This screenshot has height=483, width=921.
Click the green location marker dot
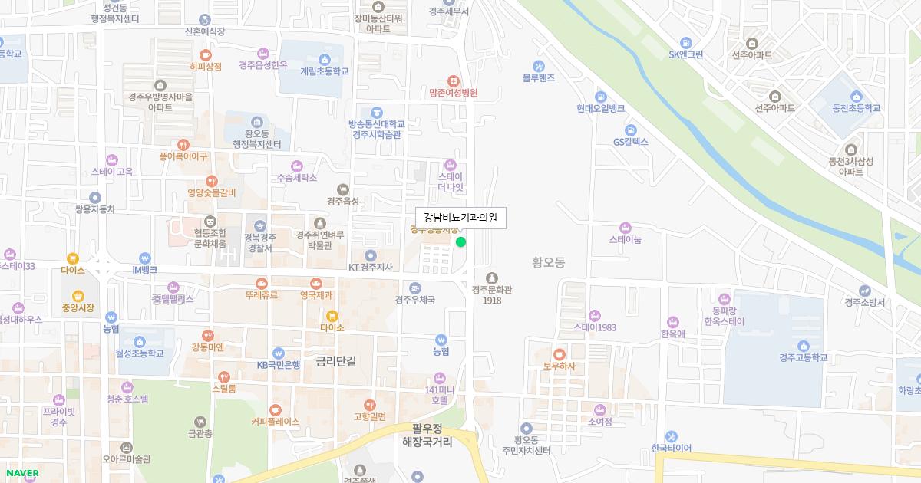click(x=460, y=242)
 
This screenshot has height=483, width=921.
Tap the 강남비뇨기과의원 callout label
click(x=460, y=218)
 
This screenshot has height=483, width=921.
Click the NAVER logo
click(x=22, y=473)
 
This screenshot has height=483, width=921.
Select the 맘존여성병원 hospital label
click(x=454, y=93)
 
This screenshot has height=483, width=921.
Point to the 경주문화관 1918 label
click(x=492, y=294)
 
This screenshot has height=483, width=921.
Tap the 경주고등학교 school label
click(x=804, y=357)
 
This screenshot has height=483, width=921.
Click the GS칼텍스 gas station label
click(x=631, y=142)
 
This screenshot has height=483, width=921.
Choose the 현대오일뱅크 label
click(x=600, y=108)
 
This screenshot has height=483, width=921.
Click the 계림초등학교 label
click(x=324, y=71)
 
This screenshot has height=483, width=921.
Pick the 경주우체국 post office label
click(x=415, y=299)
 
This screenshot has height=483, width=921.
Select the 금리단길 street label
click(x=336, y=360)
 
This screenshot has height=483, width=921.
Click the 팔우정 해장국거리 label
click(x=427, y=435)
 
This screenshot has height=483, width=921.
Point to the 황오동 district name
click(x=548, y=262)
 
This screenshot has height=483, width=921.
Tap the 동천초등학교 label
click(x=850, y=108)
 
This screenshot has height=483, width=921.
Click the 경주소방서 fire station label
click(x=865, y=302)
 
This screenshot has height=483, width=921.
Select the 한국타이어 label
click(x=671, y=448)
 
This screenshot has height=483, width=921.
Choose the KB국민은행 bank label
click(x=278, y=365)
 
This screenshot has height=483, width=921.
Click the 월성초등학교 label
click(x=140, y=353)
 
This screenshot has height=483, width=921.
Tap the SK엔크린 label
click(x=685, y=54)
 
